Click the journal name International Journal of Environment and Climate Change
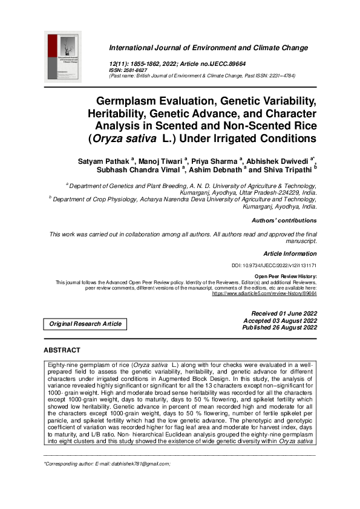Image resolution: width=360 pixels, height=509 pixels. pos(208,48)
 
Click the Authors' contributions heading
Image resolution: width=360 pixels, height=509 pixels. pos(284,221)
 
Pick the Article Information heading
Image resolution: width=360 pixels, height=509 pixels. pos(290,254)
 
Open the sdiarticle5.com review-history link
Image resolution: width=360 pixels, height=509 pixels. pos(264,293)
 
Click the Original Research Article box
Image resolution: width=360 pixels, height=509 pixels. pos(85,323)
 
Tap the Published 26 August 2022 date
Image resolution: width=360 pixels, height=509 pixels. pos(280,328)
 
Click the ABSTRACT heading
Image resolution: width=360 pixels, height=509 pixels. pos(62,351)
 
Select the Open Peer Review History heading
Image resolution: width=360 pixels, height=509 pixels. pos(286,275)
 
